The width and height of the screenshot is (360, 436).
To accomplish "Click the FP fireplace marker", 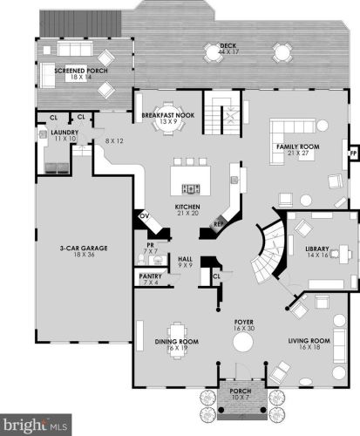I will (x=352, y=151).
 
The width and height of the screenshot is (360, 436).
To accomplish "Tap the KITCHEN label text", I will (x=188, y=208).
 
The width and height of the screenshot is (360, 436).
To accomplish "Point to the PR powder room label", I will (x=149, y=248).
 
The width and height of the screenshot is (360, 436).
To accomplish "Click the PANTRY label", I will (x=149, y=278).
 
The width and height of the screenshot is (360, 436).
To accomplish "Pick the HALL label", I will (x=185, y=261).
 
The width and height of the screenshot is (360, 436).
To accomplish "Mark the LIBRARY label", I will (x=316, y=250).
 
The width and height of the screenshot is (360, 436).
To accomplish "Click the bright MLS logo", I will (x=34, y=426).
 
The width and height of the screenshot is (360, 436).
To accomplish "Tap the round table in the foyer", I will (x=241, y=345).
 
